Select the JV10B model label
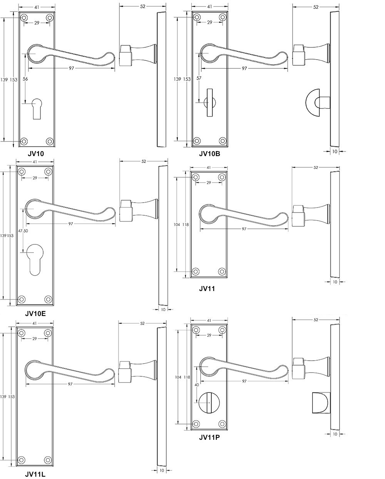click(209, 154)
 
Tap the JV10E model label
click(35, 313)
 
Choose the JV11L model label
click(35, 474)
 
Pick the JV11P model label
click(209, 437)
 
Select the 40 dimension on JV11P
click(197, 384)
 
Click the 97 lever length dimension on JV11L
click(70, 384)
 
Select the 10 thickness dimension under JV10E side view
click(162, 309)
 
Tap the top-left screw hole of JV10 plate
click(24, 18)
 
